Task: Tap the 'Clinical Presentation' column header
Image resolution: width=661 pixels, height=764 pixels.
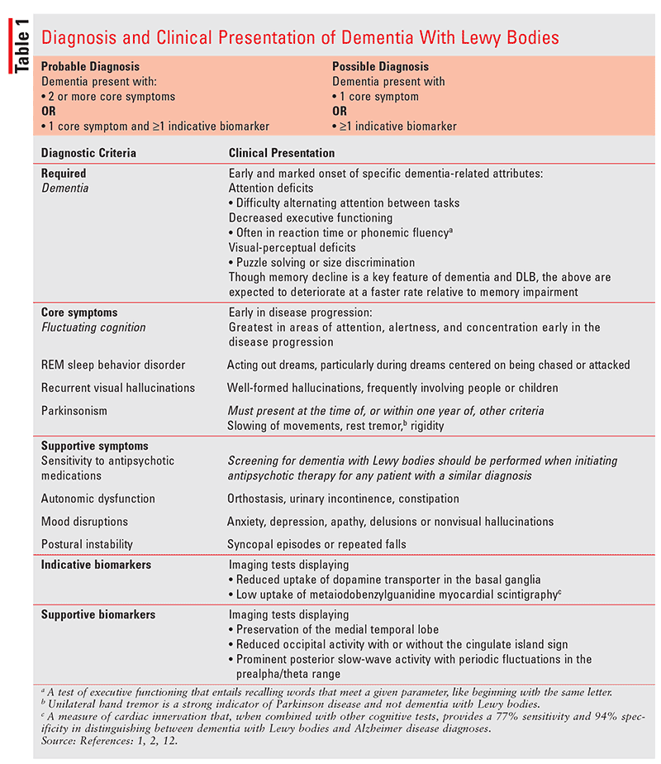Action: (x=281, y=153)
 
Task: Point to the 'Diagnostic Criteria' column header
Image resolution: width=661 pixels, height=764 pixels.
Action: (x=88, y=153)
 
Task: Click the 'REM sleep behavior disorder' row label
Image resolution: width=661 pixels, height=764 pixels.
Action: (x=113, y=365)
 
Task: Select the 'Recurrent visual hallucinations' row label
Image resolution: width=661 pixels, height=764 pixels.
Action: (x=118, y=388)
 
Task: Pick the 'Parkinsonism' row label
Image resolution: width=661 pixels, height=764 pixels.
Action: (x=75, y=411)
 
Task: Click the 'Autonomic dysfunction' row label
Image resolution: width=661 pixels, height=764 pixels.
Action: (x=97, y=499)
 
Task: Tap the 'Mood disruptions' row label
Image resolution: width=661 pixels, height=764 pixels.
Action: (x=84, y=522)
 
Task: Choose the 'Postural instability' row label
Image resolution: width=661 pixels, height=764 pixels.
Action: (x=88, y=544)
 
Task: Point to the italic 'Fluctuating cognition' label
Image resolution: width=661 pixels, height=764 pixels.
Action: (x=93, y=327)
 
